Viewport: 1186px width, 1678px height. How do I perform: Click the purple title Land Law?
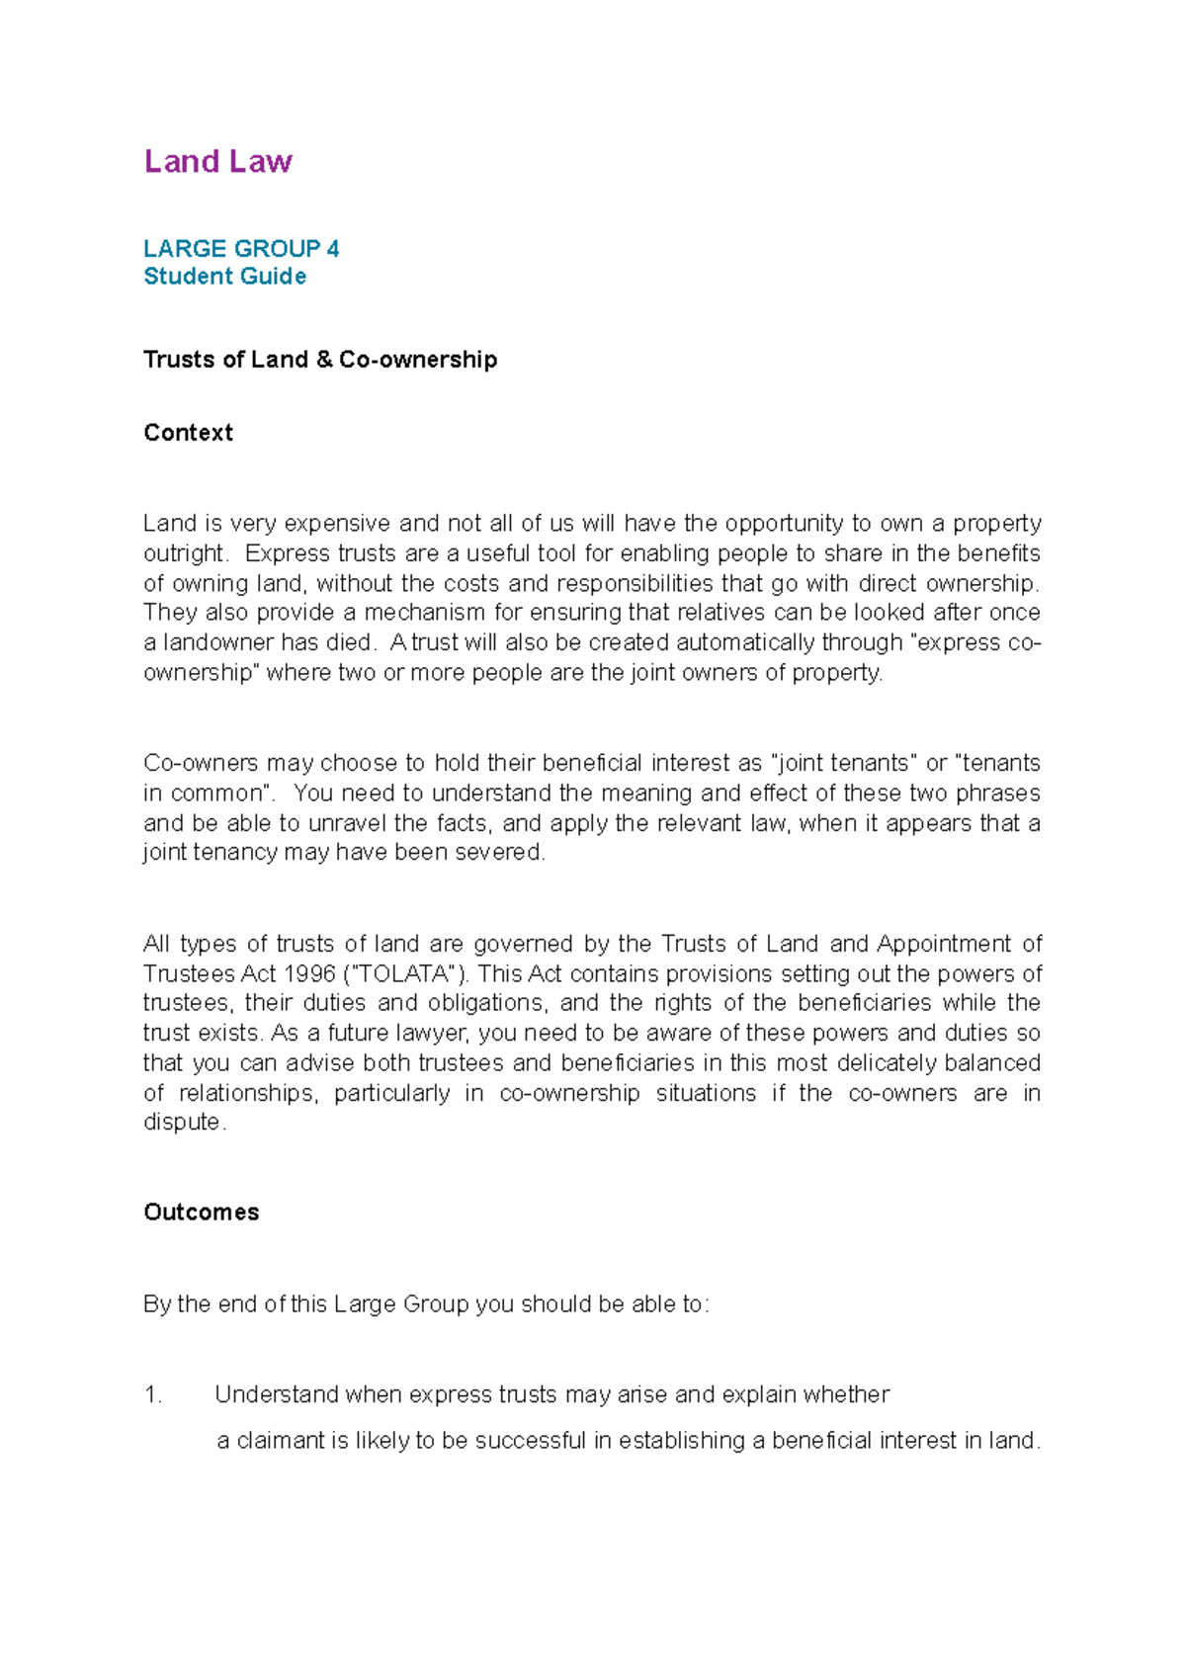click(x=217, y=161)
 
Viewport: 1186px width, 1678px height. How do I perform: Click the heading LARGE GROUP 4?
click(x=241, y=248)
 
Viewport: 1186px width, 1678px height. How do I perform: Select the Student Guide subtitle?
click(x=224, y=277)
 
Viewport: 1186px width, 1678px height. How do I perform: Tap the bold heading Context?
click(x=188, y=433)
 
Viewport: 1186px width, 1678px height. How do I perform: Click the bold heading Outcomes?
click(x=201, y=1213)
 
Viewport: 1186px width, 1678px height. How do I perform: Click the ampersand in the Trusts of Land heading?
click(x=324, y=360)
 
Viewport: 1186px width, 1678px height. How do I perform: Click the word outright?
click(x=185, y=553)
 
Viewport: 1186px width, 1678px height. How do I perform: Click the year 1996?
click(x=309, y=973)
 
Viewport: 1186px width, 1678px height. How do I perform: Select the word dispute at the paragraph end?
click(x=183, y=1123)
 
